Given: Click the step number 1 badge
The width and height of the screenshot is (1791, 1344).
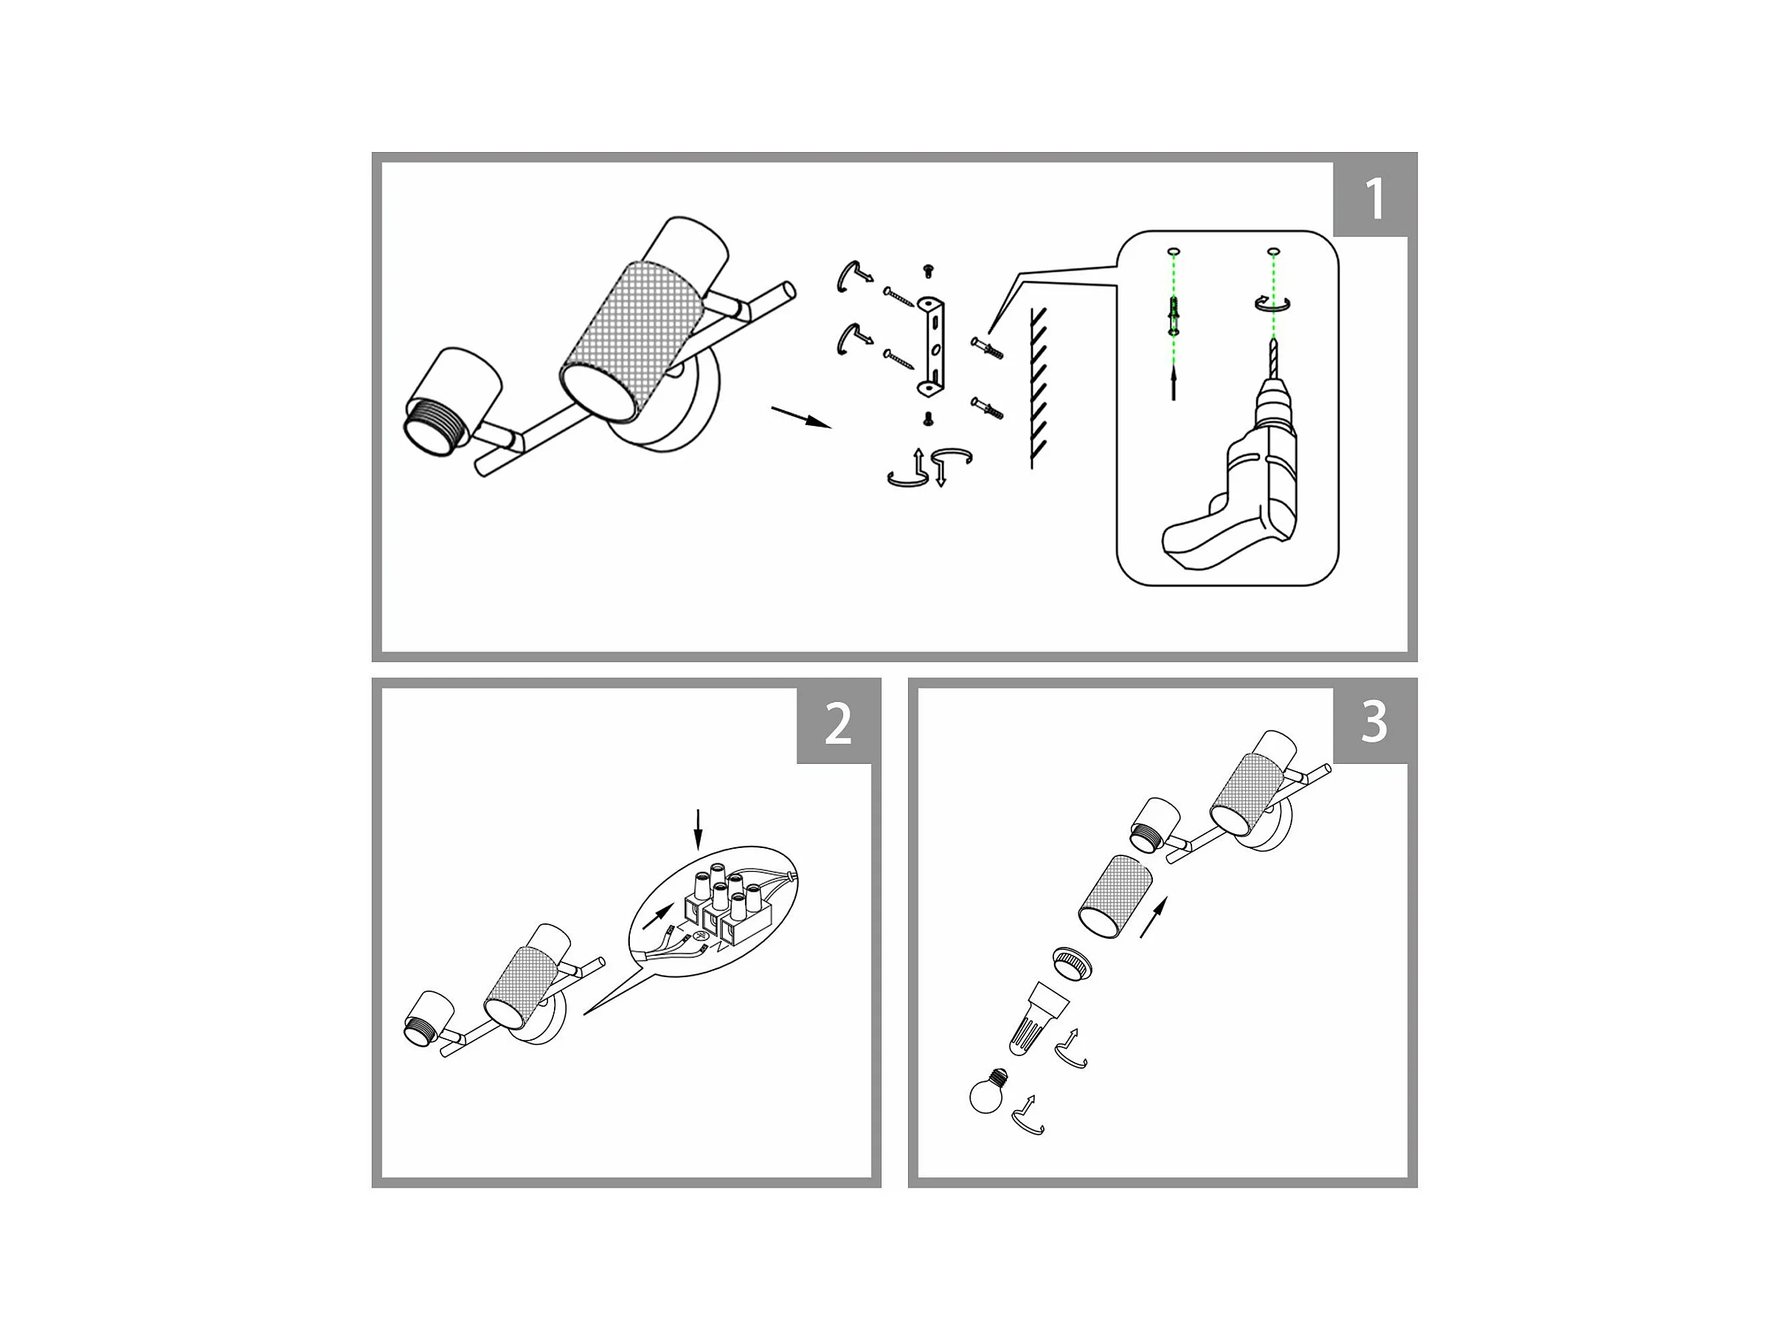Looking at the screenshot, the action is pos(1374,199).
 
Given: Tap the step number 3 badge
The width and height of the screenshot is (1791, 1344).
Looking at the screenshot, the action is pos(1374,723).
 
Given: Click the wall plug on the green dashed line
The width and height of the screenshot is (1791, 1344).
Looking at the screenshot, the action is pos(1173,316).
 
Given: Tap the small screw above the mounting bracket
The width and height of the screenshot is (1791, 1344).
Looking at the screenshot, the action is pos(929,272).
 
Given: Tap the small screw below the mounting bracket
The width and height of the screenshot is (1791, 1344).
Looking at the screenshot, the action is pos(929,418).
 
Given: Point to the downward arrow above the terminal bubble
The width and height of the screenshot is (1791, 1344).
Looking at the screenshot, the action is pos(699,829).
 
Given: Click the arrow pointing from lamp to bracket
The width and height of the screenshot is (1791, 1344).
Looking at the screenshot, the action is pos(802,417).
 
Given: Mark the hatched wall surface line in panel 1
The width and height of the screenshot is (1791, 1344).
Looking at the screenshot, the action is pos(1036,387).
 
